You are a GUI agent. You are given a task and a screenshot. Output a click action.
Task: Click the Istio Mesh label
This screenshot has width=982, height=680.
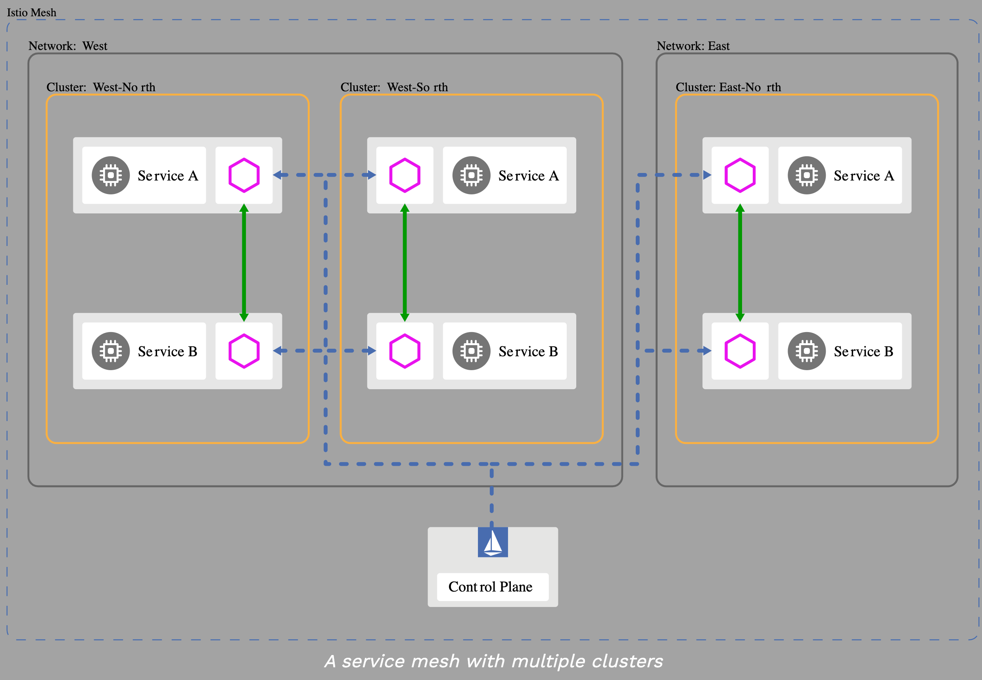click(31, 12)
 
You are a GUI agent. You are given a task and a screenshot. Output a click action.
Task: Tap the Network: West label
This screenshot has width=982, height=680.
click(68, 46)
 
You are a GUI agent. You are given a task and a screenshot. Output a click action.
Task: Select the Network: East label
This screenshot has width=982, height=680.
click(693, 46)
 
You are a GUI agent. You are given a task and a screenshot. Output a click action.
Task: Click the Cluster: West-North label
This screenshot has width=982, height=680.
click(100, 87)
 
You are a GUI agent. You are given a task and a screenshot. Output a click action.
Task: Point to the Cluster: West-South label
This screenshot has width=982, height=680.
click(394, 87)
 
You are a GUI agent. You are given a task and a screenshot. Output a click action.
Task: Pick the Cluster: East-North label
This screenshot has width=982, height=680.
click(728, 87)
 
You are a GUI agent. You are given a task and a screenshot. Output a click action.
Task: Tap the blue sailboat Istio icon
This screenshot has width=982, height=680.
click(492, 542)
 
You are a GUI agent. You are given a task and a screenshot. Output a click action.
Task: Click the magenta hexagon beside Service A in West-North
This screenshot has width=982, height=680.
click(244, 175)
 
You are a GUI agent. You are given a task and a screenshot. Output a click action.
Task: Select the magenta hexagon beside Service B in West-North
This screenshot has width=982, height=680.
click(244, 351)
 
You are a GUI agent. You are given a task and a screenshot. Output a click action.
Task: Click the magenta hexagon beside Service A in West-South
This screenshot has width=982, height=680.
click(405, 175)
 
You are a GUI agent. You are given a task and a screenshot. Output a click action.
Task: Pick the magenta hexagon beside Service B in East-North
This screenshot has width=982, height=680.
click(740, 351)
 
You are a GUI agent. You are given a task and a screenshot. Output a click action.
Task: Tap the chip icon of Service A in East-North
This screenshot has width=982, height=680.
click(806, 175)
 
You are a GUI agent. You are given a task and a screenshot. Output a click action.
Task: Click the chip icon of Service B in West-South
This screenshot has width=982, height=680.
click(471, 351)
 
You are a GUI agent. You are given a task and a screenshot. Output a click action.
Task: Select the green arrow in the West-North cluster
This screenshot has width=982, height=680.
click(244, 263)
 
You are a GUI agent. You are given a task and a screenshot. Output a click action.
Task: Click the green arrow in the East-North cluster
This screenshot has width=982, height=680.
click(740, 263)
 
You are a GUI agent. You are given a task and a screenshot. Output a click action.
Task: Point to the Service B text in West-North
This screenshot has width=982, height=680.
click(167, 351)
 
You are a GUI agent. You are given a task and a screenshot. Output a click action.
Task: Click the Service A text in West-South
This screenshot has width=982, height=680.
click(528, 175)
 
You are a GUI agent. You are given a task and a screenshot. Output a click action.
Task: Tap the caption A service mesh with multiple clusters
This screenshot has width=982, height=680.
click(493, 661)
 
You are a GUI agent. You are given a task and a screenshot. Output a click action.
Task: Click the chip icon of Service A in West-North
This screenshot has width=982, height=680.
click(110, 175)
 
